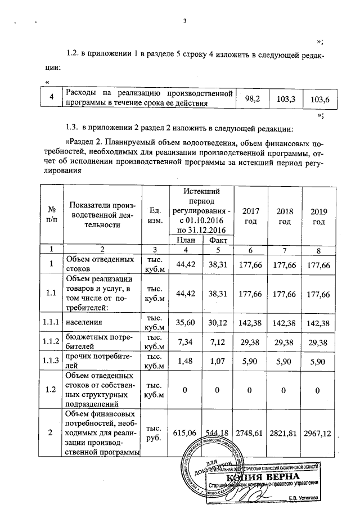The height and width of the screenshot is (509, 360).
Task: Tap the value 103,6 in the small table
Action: [319, 100]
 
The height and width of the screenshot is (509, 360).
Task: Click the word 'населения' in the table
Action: [84, 324]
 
